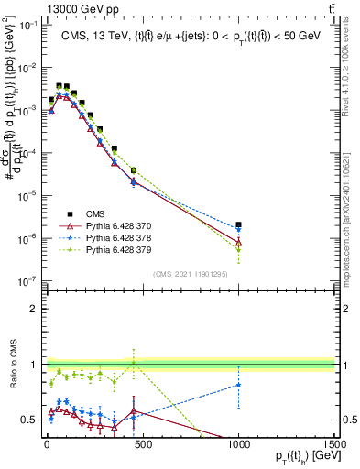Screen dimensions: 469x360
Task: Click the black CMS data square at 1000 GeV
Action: point(238,224)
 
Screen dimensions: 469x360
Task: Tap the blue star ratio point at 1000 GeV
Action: point(238,385)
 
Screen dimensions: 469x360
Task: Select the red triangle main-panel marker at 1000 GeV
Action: point(238,244)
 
